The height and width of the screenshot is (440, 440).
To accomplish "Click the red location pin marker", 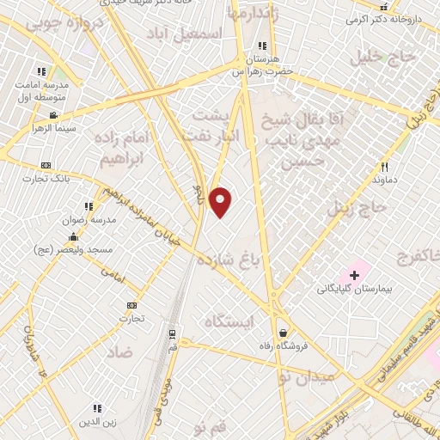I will coord(222,201).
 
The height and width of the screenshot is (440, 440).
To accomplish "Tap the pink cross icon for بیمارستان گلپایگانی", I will coord(354,274).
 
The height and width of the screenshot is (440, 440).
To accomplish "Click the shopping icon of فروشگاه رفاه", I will coord(284,333).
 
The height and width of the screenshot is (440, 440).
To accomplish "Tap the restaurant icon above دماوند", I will coord(385,167).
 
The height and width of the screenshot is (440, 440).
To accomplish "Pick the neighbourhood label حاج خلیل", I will coord(382,57).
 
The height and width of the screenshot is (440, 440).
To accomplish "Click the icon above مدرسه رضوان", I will coord(88,206).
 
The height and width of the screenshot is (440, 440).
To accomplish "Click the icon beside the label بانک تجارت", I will coord(46,165).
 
